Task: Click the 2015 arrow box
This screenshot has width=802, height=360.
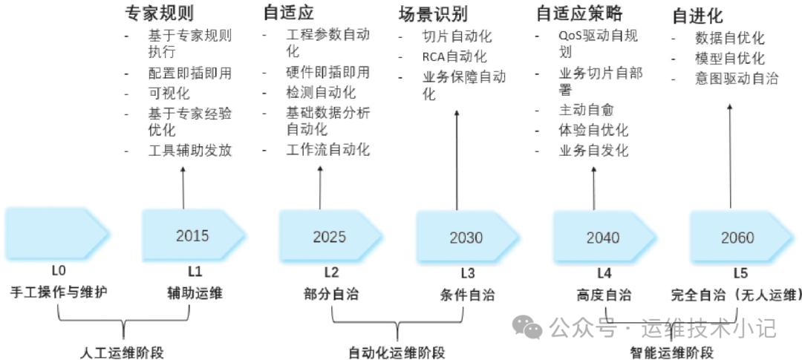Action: (x=192, y=236)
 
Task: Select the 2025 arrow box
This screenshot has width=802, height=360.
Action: (x=330, y=237)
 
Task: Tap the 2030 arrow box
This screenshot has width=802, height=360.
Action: (x=466, y=238)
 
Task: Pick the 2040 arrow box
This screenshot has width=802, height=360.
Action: (x=603, y=238)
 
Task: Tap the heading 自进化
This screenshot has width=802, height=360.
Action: (x=697, y=16)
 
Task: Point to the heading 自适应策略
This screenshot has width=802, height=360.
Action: (x=579, y=13)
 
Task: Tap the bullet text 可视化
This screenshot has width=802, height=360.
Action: (x=169, y=93)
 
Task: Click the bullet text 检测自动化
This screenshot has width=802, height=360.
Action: (x=321, y=93)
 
